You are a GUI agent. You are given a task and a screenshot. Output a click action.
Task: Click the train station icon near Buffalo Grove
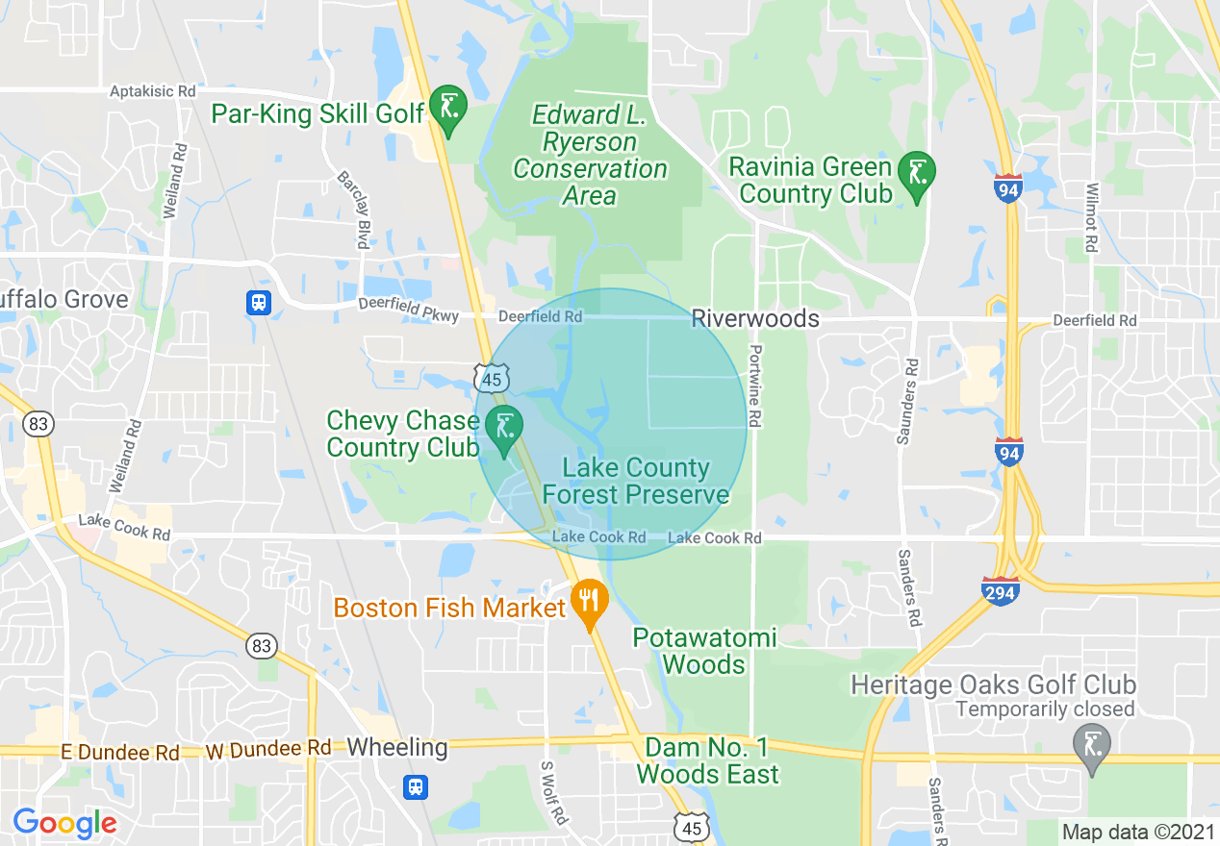click(258, 303)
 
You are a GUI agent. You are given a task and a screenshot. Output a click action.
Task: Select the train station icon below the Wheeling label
click(416, 787)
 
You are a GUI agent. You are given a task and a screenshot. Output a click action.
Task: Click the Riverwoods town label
click(755, 318)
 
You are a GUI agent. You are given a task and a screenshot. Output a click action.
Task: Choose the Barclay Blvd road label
click(352, 210)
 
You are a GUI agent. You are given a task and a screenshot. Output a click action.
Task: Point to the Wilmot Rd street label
click(1091, 218)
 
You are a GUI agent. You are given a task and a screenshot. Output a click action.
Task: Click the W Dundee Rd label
click(268, 749)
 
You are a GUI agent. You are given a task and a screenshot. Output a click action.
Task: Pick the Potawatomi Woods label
click(704, 651)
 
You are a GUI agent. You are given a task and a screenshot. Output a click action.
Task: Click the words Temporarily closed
click(1045, 710)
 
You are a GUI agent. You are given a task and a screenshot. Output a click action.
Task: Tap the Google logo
click(64, 823)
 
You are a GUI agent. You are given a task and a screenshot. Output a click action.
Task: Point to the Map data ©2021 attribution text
click(1137, 832)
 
